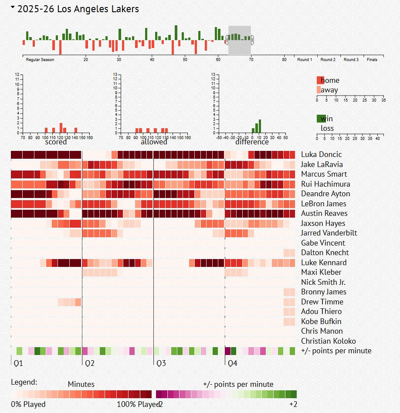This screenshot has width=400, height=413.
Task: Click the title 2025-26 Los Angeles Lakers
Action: tap(78, 9)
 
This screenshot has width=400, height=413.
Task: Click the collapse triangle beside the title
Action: tap(13, 7)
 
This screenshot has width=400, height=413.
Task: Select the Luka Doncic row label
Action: tap(321, 154)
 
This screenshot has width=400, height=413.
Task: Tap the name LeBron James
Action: tap(323, 204)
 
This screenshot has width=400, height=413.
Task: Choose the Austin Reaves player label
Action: tap(324, 213)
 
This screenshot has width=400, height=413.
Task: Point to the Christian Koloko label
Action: tap(328, 341)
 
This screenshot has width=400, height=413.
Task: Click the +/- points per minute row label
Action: tap(336, 351)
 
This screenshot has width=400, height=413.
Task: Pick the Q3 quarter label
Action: tap(161, 363)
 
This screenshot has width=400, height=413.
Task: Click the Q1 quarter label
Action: tap(18, 363)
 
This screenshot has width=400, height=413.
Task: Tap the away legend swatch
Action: tap(319, 90)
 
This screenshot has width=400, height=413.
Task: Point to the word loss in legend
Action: tap(327, 128)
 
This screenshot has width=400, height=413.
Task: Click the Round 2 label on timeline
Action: tap(328, 60)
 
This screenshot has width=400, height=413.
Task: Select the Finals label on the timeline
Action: tap(372, 60)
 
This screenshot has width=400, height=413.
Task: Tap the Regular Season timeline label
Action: tap(40, 60)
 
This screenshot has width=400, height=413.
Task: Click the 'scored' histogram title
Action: tap(56, 142)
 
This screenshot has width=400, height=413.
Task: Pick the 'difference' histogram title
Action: tap(252, 142)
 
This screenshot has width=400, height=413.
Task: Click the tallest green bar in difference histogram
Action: tap(260, 126)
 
